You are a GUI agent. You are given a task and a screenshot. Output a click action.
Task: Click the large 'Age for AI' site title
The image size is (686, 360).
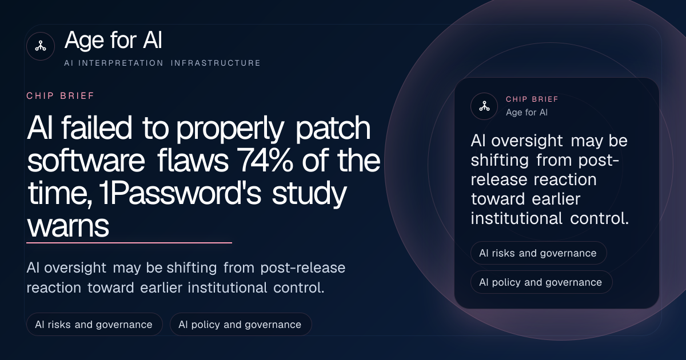(x=113, y=40)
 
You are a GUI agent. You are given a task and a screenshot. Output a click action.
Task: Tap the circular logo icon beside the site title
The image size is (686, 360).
(x=41, y=46)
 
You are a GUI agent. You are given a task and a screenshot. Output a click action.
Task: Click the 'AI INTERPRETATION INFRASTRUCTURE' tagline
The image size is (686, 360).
(x=162, y=63)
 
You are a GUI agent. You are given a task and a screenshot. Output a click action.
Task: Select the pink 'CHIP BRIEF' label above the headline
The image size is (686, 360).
(x=61, y=96)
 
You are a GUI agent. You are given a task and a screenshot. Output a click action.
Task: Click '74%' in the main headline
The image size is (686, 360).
(x=265, y=161)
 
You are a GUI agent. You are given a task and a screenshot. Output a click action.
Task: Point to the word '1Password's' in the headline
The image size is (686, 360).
(x=180, y=193)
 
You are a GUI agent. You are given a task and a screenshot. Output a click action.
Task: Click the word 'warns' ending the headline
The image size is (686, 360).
(x=68, y=226)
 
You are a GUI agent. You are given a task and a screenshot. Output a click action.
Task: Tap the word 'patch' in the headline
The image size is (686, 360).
(x=333, y=129)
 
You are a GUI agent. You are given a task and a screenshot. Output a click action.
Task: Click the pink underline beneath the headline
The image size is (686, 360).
(x=129, y=243)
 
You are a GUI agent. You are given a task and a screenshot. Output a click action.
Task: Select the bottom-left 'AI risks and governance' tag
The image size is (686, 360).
(x=94, y=324)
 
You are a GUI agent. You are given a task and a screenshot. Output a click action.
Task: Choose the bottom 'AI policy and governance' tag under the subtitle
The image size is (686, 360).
(x=241, y=324)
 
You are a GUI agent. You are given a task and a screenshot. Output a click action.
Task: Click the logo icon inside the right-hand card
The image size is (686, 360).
(x=484, y=106)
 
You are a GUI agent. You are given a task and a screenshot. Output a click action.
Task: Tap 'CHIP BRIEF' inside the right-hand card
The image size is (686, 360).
(x=532, y=99)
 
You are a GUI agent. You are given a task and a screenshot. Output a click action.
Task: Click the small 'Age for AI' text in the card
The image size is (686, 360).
(x=527, y=113)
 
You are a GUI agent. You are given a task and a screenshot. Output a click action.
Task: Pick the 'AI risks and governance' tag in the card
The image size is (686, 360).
(x=539, y=253)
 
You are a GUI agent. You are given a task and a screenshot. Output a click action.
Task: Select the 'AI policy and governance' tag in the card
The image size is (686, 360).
(x=541, y=282)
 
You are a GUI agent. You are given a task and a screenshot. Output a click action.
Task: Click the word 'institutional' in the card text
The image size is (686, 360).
(x=516, y=218)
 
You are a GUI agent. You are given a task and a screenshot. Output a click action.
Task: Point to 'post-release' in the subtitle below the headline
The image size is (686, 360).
(x=303, y=268)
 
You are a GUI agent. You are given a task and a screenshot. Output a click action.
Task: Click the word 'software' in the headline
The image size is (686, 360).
(x=86, y=161)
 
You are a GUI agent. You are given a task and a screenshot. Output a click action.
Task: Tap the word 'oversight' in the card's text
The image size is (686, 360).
(x=527, y=141)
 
